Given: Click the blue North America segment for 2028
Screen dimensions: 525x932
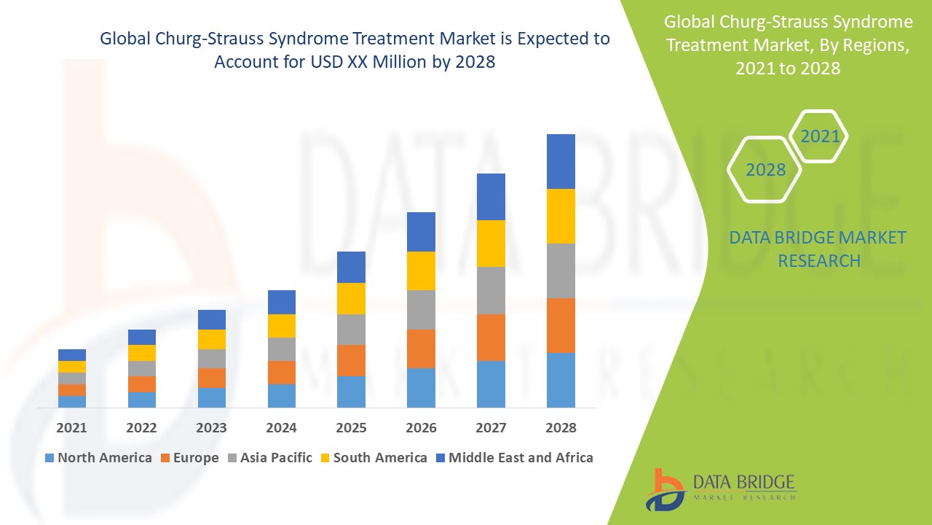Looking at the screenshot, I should tap(561, 380).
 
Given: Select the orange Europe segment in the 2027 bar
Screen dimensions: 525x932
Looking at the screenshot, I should tap(491, 337).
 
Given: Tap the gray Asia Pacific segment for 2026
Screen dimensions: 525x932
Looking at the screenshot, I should tap(421, 310).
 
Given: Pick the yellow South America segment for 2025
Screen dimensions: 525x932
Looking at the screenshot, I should tap(351, 298).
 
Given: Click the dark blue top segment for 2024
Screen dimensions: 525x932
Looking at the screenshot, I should tap(282, 302).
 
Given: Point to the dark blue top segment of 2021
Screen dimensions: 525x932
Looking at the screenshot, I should tap(72, 355).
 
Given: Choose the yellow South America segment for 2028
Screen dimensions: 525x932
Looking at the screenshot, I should tap(561, 216).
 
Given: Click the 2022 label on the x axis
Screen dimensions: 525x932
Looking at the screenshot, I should tap(142, 428).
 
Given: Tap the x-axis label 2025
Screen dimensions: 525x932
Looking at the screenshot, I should tap(351, 428).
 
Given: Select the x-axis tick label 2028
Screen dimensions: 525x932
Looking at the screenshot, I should tap(561, 428).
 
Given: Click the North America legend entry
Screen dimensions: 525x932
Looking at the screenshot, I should tap(98, 458).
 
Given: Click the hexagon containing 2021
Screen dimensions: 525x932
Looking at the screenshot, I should tap(819, 136).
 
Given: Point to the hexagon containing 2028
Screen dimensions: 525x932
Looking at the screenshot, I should tap(765, 170).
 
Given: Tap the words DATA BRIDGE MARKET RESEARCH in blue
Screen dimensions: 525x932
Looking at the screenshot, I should tap(818, 249).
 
